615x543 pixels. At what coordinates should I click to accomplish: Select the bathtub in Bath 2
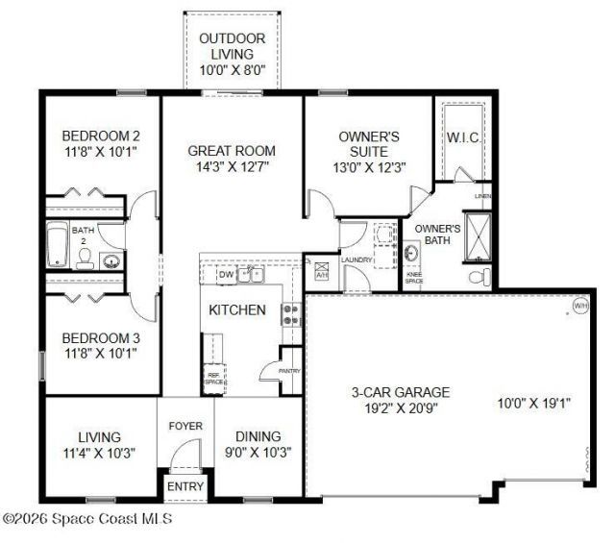57,245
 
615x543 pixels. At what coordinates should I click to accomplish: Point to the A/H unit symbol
321,270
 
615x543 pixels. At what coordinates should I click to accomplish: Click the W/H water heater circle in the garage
579,306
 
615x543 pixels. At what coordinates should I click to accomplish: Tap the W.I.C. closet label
463,136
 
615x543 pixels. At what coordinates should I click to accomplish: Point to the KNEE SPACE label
414,278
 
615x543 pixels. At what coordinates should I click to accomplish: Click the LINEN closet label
482,196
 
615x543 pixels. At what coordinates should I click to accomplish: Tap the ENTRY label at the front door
185,486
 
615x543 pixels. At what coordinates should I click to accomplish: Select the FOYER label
185,426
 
